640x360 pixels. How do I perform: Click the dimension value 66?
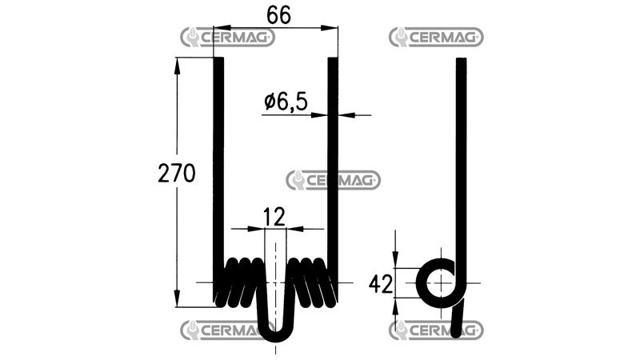pyautogui.click(x=278, y=15)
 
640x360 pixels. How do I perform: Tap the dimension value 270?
pyautogui.click(x=177, y=173)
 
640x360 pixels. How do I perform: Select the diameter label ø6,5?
pyautogui.click(x=286, y=102)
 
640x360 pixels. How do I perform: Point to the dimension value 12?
pyautogui.click(x=274, y=217)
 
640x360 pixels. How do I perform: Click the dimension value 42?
pyautogui.click(x=381, y=284)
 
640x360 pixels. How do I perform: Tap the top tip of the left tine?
pyautogui.click(x=218, y=58)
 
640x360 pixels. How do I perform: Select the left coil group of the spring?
pyautogui.click(x=240, y=282)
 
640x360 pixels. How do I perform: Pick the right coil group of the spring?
pyautogui.click(x=313, y=282)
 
